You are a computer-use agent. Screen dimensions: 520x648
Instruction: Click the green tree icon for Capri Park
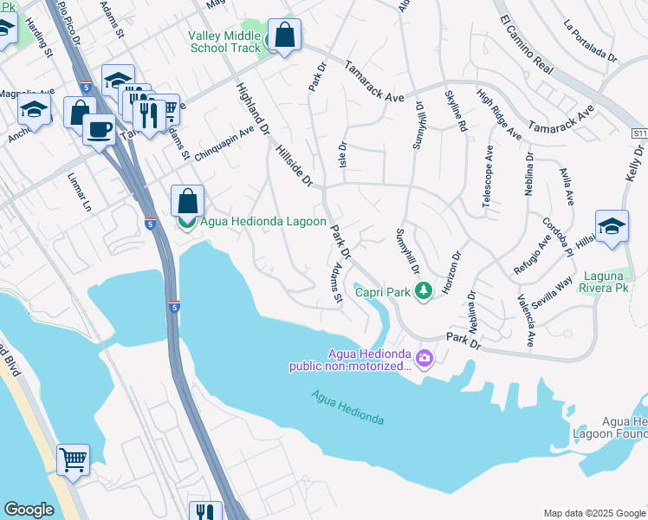coord(424,292)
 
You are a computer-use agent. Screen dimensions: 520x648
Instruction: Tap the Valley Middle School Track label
coord(224,42)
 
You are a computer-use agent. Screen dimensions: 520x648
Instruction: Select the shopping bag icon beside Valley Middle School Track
coord(283,36)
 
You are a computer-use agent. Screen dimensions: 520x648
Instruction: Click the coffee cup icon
coord(100,130)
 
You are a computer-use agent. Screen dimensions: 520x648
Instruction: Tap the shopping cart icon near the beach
coord(73,458)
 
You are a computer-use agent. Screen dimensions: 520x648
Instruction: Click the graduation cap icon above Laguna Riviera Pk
coord(612,225)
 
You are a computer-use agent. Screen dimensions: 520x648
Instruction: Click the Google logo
coord(29,510)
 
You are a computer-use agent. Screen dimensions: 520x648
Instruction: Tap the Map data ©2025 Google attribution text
coord(593,513)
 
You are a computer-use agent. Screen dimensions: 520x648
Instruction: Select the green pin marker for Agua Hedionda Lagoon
coord(186,222)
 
